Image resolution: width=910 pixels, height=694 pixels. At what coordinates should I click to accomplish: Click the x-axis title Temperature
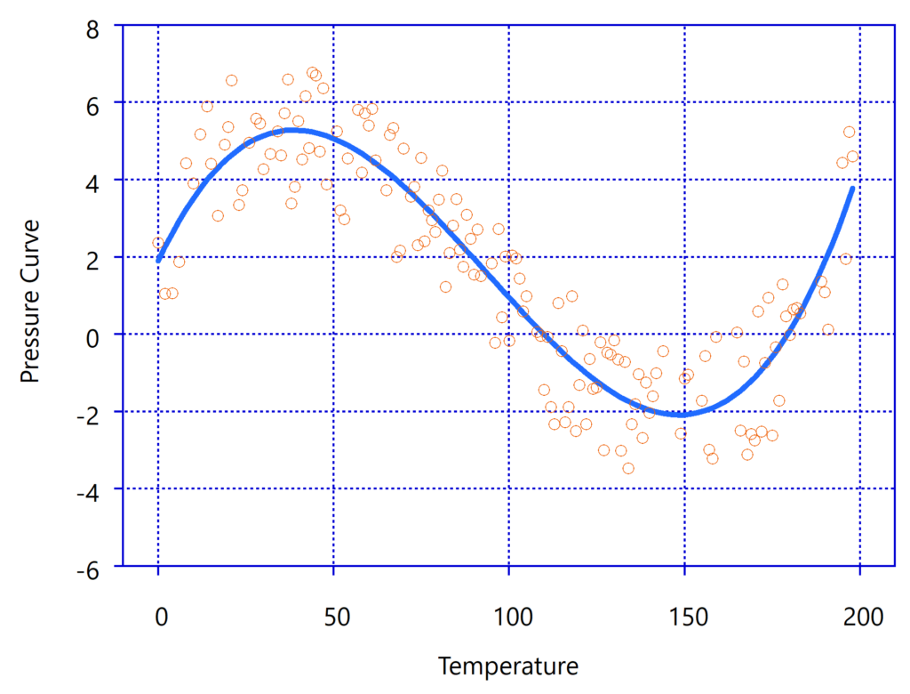(x=507, y=666)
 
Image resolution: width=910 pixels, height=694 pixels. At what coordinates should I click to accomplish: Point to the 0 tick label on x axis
(x=159, y=616)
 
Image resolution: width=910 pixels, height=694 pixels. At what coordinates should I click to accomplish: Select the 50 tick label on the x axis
(x=334, y=616)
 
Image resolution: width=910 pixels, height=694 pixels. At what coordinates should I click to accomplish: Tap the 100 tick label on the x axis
(x=509, y=616)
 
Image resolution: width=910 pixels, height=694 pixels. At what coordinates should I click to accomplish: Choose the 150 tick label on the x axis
(x=684, y=616)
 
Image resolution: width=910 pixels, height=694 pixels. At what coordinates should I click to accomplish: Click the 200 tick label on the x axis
(x=859, y=616)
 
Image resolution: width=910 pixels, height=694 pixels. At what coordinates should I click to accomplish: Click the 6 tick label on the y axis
(x=93, y=103)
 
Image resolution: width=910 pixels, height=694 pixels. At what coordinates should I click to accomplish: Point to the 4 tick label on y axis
(x=93, y=181)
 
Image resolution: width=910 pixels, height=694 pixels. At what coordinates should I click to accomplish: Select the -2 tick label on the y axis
(x=89, y=412)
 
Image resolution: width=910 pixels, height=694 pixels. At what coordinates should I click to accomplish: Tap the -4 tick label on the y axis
(x=89, y=489)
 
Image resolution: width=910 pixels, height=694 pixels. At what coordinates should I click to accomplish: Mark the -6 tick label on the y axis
(x=89, y=567)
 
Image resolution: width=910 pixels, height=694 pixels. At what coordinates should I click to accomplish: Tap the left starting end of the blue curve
(x=159, y=260)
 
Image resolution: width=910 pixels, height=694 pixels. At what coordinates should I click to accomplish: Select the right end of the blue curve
(x=853, y=188)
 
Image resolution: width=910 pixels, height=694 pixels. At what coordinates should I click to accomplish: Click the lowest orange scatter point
(x=628, y=468)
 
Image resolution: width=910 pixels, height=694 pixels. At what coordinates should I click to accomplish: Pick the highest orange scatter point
(x=313, y=73)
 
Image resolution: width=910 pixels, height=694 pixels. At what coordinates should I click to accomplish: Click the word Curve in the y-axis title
(x=31, y=264)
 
